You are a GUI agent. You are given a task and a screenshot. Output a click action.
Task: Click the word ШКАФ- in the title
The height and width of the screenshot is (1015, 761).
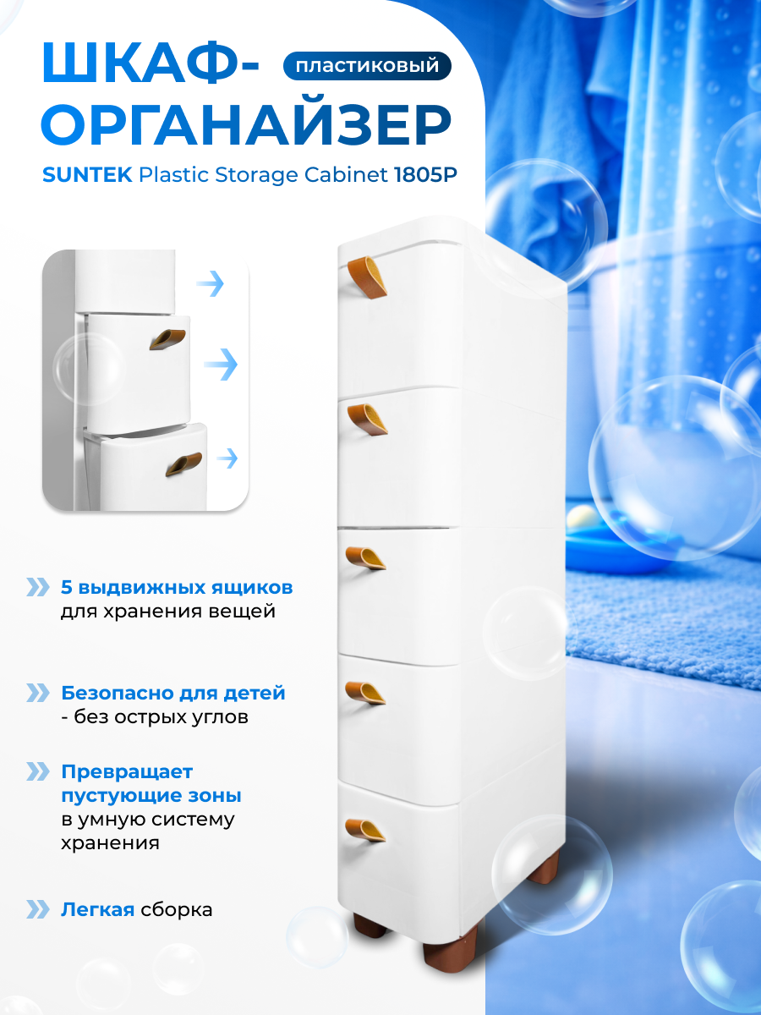click(x=151, y=64)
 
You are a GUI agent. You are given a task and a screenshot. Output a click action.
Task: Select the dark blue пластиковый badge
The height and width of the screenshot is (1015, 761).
click(x=367, y=65)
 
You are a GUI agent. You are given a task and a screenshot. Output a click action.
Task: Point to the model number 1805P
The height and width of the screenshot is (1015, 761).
click(x=429, y=176)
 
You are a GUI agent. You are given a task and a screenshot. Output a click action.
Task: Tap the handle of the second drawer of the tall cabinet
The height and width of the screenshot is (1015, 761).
click(x=366, y=416)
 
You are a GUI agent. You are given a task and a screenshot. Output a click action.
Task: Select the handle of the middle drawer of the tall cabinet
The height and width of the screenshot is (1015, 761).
click(x=364, y=558)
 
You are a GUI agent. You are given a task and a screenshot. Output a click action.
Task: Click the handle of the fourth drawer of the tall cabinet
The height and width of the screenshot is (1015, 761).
click(x=365, y=691)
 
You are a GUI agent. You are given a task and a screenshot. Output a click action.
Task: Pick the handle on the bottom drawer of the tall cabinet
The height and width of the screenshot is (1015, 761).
click(x=364, y=830)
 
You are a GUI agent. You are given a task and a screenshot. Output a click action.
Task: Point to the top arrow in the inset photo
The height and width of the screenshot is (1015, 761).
click(x=210, y=284)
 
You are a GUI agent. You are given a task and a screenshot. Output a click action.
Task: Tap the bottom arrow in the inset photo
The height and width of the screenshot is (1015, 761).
click(x=227, y=458)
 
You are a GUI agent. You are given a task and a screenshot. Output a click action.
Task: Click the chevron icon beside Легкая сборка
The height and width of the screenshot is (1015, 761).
click(x=38, y=909)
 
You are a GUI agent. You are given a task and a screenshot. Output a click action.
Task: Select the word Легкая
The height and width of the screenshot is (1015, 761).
click(x=97, y=910)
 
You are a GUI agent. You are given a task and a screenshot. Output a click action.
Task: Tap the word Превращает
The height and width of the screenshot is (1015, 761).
click(x=127, y=772)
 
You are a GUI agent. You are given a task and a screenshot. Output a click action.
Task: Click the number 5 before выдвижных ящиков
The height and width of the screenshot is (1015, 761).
click(x=67, y=587)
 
